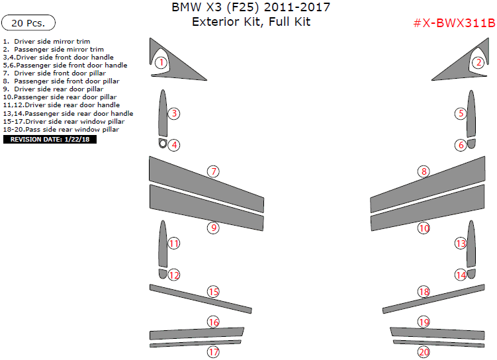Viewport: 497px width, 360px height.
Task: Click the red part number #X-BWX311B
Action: (454, 23)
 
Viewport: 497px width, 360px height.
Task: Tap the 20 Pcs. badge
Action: (28, 22)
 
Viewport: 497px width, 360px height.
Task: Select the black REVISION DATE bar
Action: (50, 140)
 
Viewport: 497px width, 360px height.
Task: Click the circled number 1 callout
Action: (161, 62)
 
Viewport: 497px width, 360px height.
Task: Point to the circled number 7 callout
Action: (213, 171)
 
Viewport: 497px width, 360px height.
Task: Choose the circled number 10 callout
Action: (424, 228)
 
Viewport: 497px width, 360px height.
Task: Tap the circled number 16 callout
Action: (213, 322)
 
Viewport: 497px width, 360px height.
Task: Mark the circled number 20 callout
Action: (424, 352)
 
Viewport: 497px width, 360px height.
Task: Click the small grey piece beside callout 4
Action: (163, 143)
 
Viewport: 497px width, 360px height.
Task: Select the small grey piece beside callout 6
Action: (471, 143)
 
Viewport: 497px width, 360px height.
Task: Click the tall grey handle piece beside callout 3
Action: (163, 113)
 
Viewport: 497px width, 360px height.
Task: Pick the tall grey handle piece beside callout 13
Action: (471, 244)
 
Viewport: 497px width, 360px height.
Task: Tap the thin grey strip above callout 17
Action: (195, 344)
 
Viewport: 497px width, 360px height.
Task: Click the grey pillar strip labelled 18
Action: (433, 299)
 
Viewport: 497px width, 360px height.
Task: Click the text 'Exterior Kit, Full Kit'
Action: (251, 22)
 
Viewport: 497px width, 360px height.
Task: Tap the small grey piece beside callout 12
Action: (163, 274)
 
